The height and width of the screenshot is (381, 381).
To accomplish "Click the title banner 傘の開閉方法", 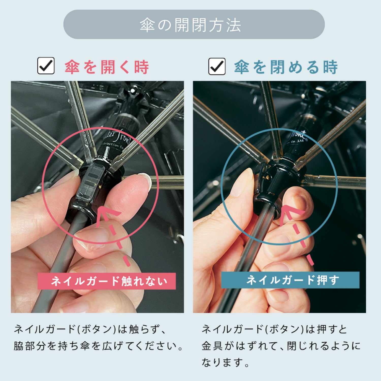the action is pos(194,24).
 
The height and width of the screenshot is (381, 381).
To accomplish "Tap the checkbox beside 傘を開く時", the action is pos(46,66).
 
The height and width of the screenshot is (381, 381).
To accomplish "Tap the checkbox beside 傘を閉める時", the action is pos(217,66).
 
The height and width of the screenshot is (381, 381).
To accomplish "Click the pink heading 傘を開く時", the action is pos(107,67).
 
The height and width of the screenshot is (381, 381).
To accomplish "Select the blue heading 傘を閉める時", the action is pos(286,67).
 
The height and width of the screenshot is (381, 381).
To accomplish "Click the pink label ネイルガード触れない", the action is pos(107,281).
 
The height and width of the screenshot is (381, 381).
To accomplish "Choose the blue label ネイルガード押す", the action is pos(290,280).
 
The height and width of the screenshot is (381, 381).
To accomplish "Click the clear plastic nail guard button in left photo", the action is pos(91,182).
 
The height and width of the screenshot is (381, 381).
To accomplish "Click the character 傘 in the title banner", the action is pos(147,25).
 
